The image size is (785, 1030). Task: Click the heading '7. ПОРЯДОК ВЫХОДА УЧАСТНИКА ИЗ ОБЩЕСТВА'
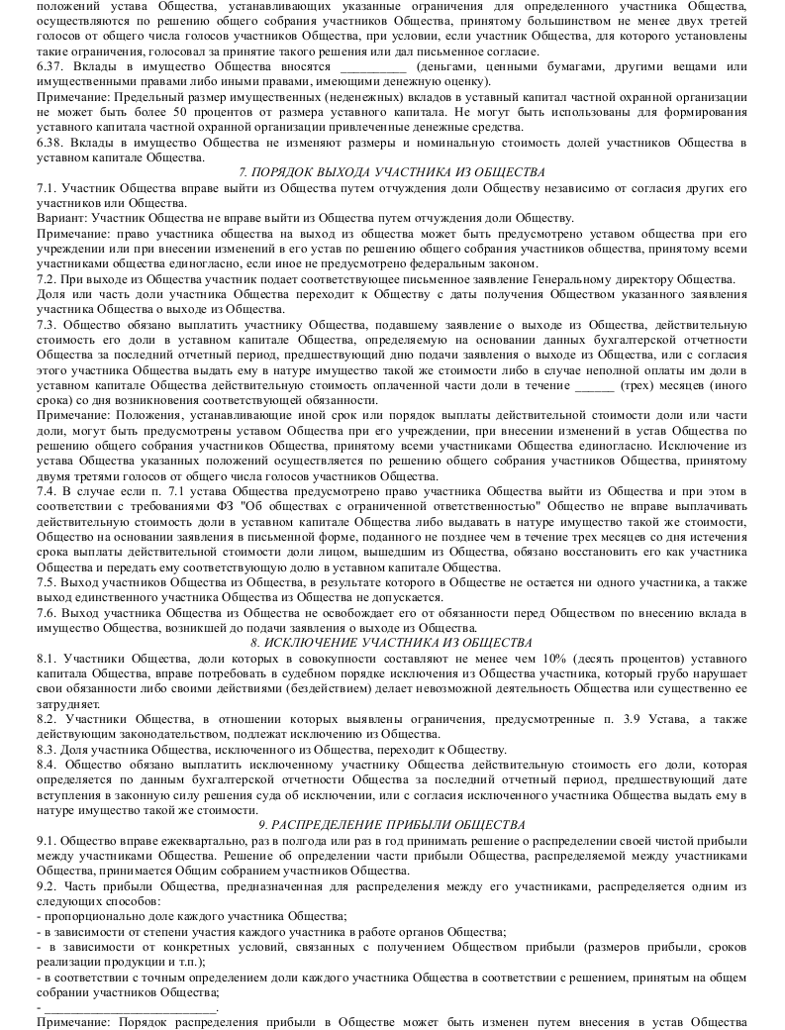pyautogui.click(x=392, y=172)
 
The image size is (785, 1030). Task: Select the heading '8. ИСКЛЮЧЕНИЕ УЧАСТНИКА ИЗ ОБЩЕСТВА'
pyautogui.click(x=392, y=643)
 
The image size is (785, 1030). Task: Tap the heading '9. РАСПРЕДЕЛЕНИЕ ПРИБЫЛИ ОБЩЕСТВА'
pyautogui.click(x=392, y=824)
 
